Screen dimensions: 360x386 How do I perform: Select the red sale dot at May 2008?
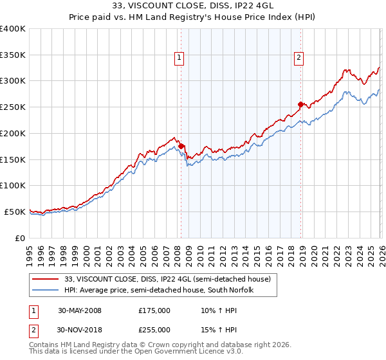pyautogui.click(x=181, y=146)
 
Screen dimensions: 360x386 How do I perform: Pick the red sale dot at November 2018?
pyautogui.click(x=300, y=104)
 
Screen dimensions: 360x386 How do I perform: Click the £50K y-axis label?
pyautogui.click(x=14, y=212)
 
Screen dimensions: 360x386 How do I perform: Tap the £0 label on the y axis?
pyautogui.click(x=20, y=238)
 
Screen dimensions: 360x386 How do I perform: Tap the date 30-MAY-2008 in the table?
pyautogui.click(x=79, y=310)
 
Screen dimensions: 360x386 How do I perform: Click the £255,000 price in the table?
pyautogui.click(x=154, y=330)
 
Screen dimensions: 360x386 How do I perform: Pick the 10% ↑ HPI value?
pyautogui.click(x=214, y=310)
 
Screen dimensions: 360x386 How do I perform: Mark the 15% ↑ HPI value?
pyautogui.click(x=214, y=330)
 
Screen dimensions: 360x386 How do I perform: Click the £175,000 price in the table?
pyautogui.click(x=154, y=310)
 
